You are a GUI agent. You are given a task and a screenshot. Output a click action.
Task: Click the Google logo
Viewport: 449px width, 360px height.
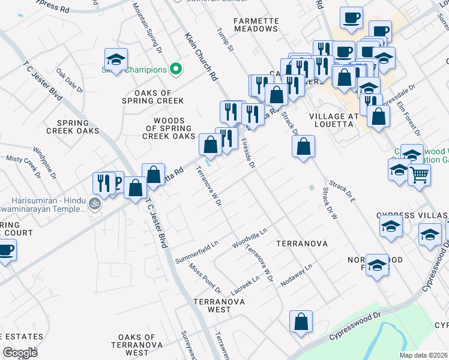click(x=20, y=352)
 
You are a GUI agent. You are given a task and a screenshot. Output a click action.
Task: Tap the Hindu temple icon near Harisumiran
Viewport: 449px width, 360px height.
click(x=93, y=204)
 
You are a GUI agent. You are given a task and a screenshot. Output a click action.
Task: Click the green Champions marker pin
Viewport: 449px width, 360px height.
click(x=176, y=70)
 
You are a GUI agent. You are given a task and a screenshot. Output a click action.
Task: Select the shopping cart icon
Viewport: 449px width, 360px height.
click(x=419, y=175)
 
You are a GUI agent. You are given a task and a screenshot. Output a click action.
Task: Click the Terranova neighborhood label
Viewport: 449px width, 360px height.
click(x=301, y=244)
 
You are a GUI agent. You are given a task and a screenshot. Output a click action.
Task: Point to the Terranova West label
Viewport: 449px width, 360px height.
click(x=211, y=305)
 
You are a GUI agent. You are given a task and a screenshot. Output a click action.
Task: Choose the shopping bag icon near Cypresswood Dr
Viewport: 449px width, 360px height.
click(x=300, y=321)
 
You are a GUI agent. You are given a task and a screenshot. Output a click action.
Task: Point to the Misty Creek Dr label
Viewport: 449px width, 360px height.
click(x=23, y=167)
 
